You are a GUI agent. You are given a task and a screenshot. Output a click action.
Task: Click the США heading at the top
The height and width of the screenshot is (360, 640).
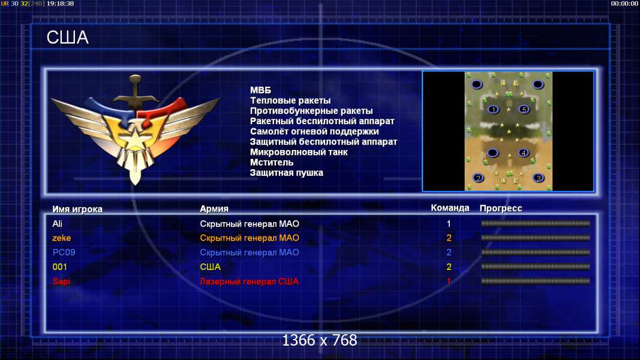pyautogui.click(x=67, y=38)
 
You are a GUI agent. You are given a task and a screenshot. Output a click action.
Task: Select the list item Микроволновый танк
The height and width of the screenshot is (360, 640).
pyautogui.click(x=299, y=152)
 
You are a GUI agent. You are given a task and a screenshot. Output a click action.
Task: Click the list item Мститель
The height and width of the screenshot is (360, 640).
pyautogui.click(x=272, y=163)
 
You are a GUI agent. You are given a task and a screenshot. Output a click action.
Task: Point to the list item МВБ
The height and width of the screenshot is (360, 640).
pyautogui.click(x=260, y=90)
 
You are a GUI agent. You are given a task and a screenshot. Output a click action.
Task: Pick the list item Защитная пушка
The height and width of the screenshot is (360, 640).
pyautogui.click(x=287, y=173)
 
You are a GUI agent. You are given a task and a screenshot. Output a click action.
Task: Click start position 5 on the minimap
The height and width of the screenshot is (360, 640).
pyautogui.click(x=524, y=109)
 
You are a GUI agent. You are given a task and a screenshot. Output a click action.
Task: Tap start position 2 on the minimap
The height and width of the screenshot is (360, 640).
pyautogui.click(x=478, y=178)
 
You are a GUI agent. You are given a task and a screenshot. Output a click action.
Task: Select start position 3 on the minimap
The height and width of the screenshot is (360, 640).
pyautogui.click(x=539, y=178)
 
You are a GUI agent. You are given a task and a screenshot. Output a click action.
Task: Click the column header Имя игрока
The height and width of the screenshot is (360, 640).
pyautogui.click(x=77, y=209)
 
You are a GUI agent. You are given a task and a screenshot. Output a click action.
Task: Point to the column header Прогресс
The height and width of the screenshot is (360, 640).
pyautogui.click(x=501, y=208)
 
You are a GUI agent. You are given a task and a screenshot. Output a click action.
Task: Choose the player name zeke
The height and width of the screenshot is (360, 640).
pyautogui.click(x=62, y=238)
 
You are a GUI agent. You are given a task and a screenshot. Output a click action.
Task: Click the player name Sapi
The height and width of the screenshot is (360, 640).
pyautogui.click(x=61, y=281)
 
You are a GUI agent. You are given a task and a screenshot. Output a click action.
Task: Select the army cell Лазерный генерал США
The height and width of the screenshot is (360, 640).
pyautogui.click(x=249, y=281)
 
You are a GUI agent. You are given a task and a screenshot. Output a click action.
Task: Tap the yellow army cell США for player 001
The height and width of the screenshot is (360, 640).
pyautogui.click(x=210, y=267)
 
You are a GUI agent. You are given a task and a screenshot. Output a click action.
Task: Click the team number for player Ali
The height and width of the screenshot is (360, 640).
pyautogui.click(x=449, y=224)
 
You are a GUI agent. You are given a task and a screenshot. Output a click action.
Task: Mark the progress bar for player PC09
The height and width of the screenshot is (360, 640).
pyautogui.click(x=535, y=252)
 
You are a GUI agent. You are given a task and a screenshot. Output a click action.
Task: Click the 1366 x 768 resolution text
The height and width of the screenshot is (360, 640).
pyautogui.click(x=320, y=340)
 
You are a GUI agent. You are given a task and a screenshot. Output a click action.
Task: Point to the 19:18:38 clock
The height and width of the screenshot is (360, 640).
pyautogui.click(x=61, y=3)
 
